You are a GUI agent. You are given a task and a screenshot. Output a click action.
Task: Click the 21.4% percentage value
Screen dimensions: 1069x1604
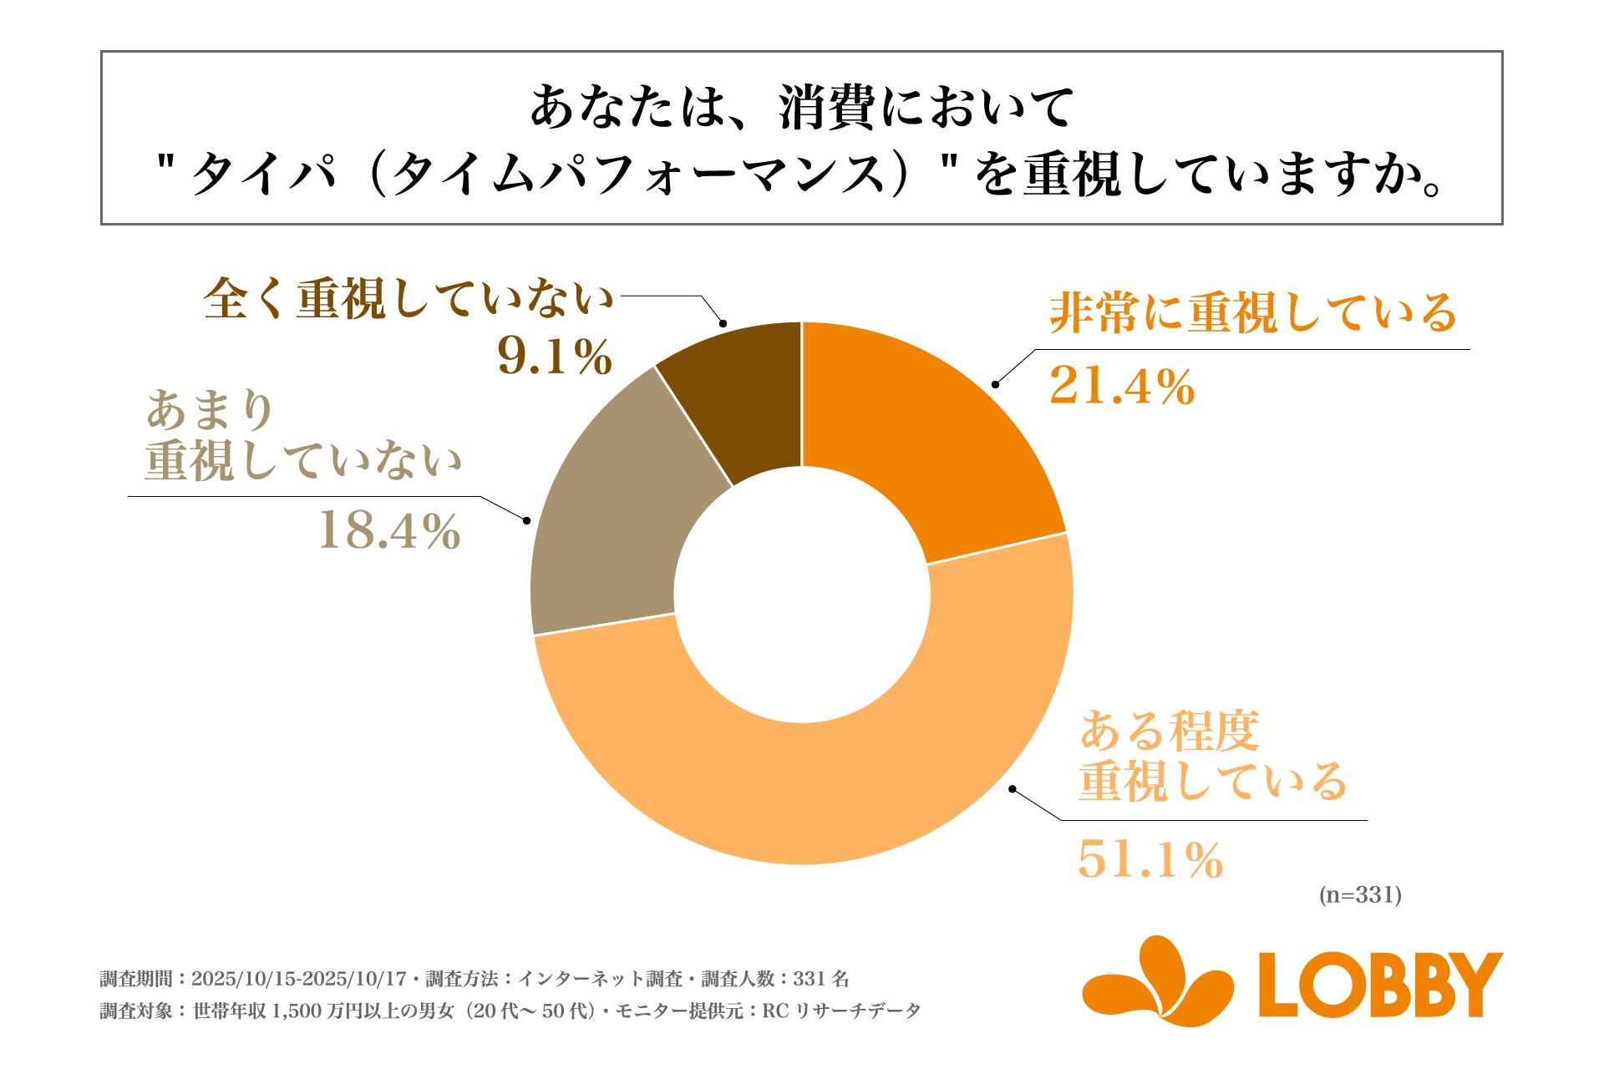(1122, 387)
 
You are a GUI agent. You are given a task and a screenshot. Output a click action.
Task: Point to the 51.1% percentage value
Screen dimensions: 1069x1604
(1150, 859)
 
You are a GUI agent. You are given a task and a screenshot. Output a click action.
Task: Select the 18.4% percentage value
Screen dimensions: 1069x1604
(389, 530)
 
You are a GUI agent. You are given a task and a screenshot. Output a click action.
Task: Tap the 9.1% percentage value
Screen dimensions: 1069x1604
(555, 357)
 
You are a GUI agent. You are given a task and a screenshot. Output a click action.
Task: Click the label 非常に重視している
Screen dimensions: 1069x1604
(1252, 313)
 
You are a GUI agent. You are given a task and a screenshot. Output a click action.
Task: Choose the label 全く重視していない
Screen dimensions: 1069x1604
(409, 299)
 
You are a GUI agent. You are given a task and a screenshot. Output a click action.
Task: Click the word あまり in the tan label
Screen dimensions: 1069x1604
(211, 410)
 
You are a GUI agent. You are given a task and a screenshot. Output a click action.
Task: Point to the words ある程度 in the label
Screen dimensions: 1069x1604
(1169, 732)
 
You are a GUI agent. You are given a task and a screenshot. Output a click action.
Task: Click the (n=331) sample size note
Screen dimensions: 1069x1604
(1360, 895)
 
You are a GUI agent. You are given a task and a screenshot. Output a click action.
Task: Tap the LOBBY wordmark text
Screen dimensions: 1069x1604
(1380, 985)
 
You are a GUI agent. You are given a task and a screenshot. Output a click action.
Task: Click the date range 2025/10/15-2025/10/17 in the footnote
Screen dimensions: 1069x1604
(298, 979)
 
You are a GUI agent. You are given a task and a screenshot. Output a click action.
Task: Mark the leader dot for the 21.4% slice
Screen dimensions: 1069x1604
(995, 385)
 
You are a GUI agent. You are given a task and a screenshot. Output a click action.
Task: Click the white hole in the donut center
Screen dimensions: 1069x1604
(802, 595)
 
